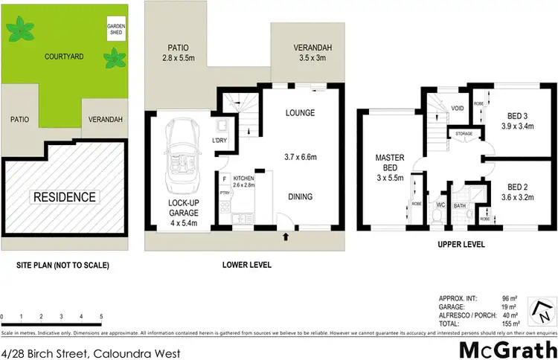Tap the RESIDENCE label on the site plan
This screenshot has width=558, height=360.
click(x=63, y=197)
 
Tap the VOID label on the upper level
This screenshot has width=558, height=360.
click(x=458, y=108)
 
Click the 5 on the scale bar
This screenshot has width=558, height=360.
click(x=101, y=315)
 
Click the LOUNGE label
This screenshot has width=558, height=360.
click(x=301, y=113)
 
